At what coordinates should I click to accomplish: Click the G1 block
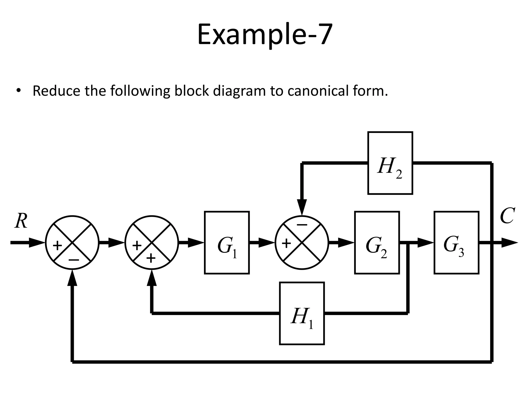[x=227, y=243]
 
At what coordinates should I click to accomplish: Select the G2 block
[x=377, y=243]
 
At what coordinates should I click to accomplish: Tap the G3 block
[x=456, y=243]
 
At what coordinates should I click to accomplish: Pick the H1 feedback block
[x=302, y=313]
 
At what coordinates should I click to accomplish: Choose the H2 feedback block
[x=390, y=163]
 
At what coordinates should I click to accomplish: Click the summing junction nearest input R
[x=72, y=243]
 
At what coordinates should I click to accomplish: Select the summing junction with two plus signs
[x=152, y=243]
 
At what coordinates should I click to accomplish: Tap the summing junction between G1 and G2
[x=302, y=243]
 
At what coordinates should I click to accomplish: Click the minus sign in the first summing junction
[x=74, y=260]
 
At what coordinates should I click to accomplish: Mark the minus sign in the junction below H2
[x=302, y=225]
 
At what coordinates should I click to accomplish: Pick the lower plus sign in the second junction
[x=151, y=258]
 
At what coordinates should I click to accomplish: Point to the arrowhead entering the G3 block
[x=425, y=243]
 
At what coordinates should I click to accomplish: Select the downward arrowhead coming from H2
[x=302, y=207]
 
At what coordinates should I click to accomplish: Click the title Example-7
[x=264, y=34]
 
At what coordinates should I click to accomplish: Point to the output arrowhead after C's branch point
[x=509, y=243]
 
